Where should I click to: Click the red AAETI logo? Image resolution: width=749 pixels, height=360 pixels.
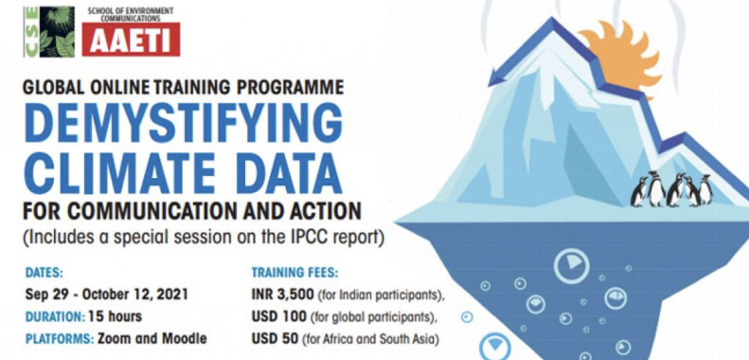point(131,39)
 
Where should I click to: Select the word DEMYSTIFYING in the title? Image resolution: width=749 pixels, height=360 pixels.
point(183,123)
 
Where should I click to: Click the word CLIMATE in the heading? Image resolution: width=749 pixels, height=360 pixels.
point(119,173)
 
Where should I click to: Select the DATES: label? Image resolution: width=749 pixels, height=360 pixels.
point(44,273)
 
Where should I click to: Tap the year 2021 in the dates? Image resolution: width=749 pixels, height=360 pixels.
point(172,294)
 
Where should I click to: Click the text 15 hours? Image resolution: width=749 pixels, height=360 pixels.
point(115,316)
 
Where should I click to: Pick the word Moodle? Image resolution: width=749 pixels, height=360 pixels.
point(184,338)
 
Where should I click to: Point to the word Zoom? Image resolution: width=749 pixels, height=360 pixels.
point(114,338)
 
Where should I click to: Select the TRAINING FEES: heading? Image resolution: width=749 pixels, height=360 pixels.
point(295,273)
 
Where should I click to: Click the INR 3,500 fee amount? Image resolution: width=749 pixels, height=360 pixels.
point(282,295)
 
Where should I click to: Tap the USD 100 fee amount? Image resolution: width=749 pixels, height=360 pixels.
point(279,316)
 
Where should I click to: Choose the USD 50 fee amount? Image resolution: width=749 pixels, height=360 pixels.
point(274,339)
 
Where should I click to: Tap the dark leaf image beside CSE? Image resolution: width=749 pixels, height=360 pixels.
point(57,32)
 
